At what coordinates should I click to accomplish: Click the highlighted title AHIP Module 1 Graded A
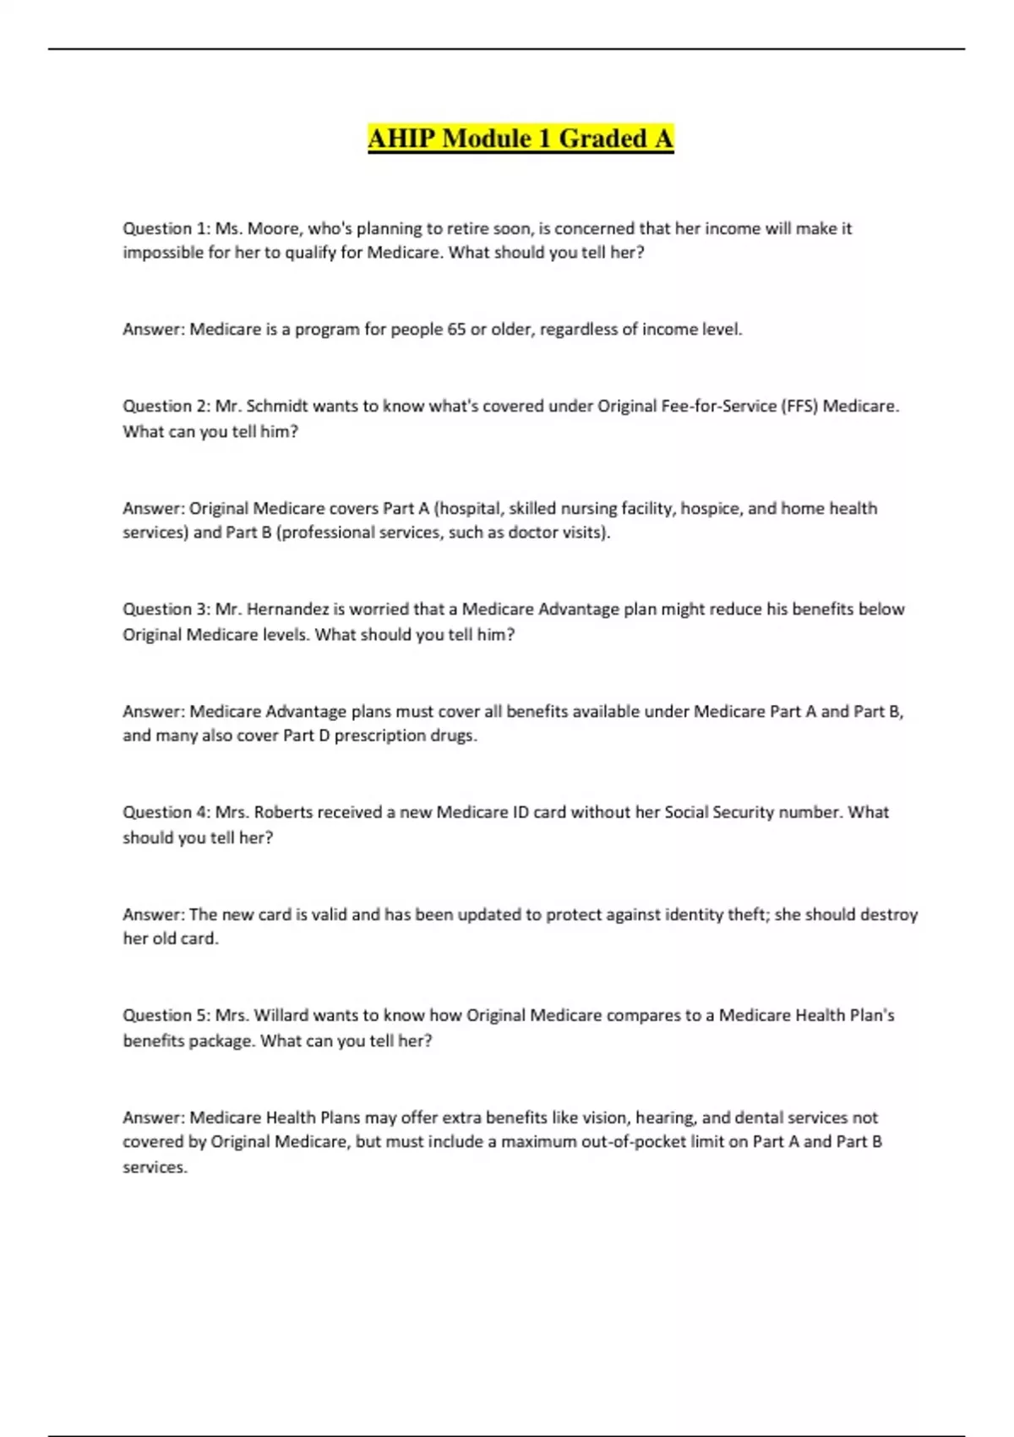pos(521,138)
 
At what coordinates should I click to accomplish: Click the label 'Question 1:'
pos(166,228)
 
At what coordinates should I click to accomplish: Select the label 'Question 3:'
pos(166,609)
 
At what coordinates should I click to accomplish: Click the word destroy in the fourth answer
pos(889,915)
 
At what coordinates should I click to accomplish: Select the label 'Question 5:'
pos(166,1015)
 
